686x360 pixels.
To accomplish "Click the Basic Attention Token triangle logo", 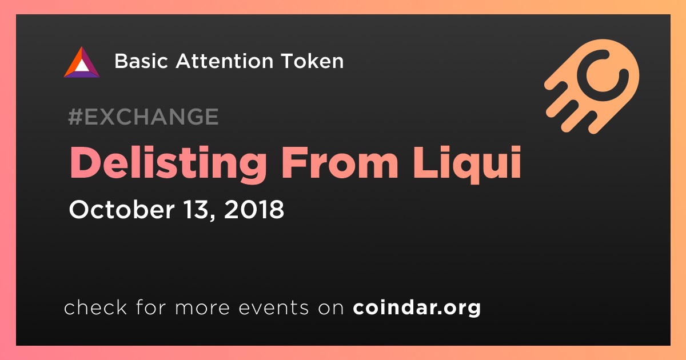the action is (x=82, y=62).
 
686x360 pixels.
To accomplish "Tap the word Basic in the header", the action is (x=141, y=61).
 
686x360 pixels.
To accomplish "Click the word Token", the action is (x=312, y=61).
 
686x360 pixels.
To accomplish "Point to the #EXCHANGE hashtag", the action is (x=143, y=117).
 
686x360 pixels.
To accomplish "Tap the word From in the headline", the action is (x=340, y=162).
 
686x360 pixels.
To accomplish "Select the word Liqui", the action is (x=466, y=164).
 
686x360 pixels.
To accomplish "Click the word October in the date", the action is (x=122, y=209).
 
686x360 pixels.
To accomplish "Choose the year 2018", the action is (x=254, y=210).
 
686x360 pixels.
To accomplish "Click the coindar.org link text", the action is (x=417, y=307).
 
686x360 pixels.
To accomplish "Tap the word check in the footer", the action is (x=95, y=307).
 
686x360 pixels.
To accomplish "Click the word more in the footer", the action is (x=202, y=308).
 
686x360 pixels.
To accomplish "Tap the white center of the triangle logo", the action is (x=81, y=66).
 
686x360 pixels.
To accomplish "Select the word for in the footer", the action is (x=151, y=307).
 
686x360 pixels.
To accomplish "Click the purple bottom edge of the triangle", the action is (x=82, y=74).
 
